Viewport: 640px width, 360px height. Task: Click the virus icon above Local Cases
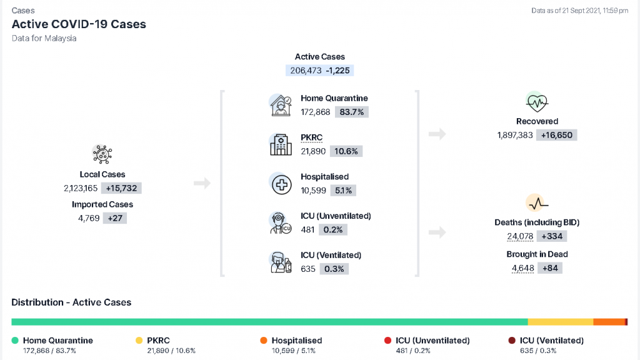tap(102, 154)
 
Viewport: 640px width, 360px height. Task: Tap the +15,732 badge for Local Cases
tap(122, 188)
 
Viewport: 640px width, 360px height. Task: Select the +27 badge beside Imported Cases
tap(115, 218)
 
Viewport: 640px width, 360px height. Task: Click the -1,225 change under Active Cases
tap(337, 71)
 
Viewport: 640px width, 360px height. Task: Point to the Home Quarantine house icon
tap(281, 105)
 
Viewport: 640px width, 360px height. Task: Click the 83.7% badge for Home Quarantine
tap(351, 112)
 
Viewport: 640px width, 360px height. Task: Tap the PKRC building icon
tap(281, 144)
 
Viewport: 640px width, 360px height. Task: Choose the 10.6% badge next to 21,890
tap(346, 151)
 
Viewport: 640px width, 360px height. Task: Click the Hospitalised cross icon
tap(281, 184)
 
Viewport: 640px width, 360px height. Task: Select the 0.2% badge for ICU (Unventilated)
tap(333, 230)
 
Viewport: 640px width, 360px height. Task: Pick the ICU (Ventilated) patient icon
tap(281, 262)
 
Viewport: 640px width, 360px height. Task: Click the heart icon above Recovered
tap(537, 102)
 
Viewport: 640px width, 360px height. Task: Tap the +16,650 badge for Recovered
tap(557, 135)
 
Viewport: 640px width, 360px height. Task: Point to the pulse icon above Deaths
tap(537, 203)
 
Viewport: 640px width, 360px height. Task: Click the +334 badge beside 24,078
tap(552, 236)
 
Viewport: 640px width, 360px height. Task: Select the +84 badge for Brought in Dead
tap(550, 268)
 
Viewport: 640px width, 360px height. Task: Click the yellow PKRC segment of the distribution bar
tap(561, 322)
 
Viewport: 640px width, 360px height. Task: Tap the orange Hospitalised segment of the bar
tap(609, 322)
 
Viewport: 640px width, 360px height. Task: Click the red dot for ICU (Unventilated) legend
tap(387, 341)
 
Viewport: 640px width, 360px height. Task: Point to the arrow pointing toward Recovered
tap(437, 134)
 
